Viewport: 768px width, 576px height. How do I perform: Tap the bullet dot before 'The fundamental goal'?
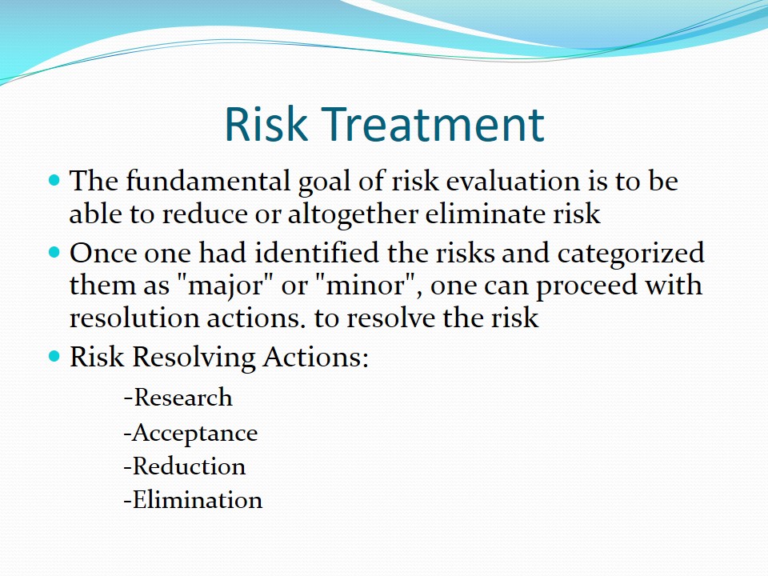coord(54,180)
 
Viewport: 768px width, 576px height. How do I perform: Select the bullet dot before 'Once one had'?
coord(54,252)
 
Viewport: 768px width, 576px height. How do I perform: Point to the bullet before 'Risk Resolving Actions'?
coord(54,355)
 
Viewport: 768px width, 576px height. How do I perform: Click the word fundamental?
coord(208,180)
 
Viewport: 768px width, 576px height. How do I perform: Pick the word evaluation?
coord(512,181)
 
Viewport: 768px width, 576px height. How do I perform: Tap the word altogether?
coord(353,214)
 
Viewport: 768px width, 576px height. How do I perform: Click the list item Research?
coord(178,398)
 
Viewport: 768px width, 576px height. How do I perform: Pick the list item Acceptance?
coord(190,434)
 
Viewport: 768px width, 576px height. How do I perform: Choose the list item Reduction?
coord(185,466)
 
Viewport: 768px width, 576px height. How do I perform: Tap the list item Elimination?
coord(193,500)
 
